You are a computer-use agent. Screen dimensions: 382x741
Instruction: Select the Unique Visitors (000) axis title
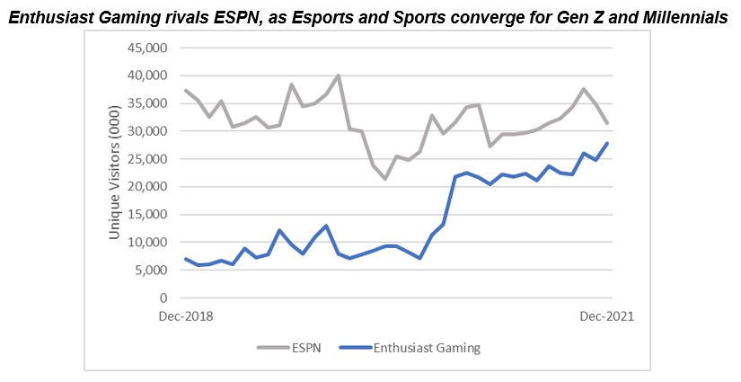click(115, 172)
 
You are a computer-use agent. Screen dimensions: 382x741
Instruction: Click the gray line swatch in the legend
click(270, 348)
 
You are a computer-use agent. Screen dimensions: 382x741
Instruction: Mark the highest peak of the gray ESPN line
click(338, 76)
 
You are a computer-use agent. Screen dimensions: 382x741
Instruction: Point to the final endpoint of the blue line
click(607, 143)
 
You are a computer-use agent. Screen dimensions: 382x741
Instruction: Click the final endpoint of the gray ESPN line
click(607, 123)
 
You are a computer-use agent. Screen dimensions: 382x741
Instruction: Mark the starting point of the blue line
click(186, 259)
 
